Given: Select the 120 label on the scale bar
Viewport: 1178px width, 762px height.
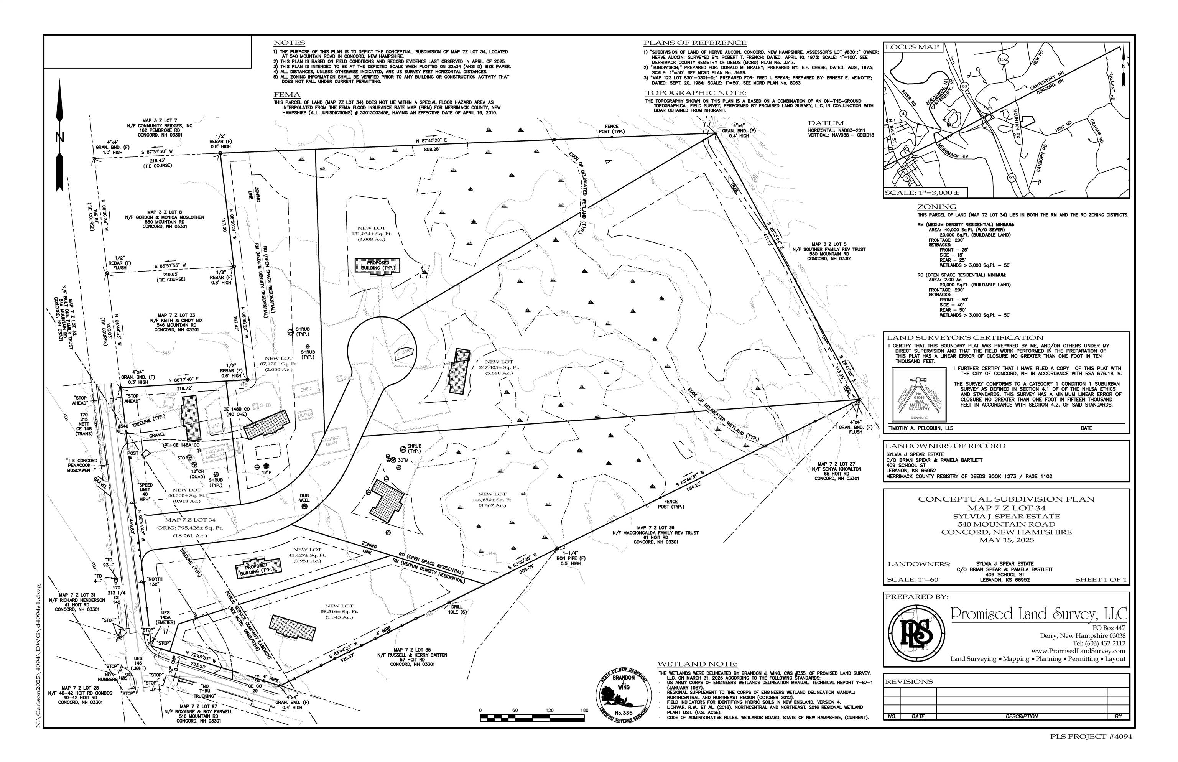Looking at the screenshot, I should coord(549,711).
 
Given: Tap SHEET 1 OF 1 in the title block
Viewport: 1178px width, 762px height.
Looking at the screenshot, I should coord(1100,579).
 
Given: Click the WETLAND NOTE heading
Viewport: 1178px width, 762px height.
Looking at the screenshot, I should coord(697,664).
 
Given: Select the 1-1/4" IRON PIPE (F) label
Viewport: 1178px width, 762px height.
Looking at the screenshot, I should coord(573,560).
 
